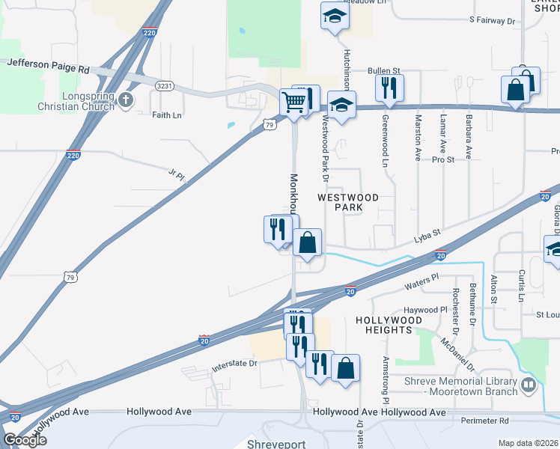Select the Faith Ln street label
pos(166,115)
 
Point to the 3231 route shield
pos(165,86)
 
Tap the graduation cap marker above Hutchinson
pos(335,16)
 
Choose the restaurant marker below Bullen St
pos(389,88)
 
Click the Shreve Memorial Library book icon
pos(529,386)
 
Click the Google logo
pos(25,440)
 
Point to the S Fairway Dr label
pos(493,21)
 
